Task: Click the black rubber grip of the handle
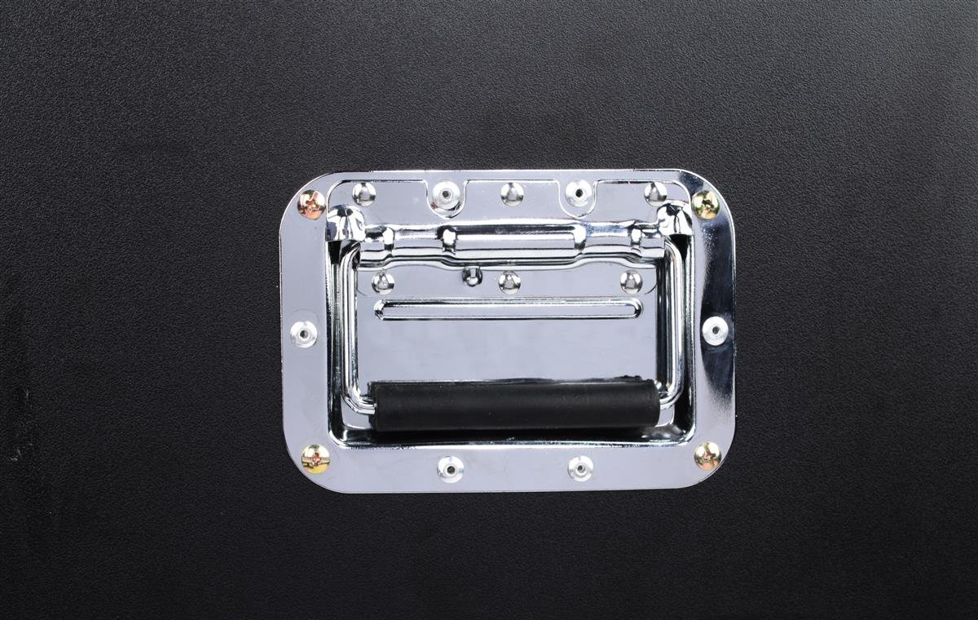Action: (516, 405)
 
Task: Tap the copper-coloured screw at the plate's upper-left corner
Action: (311, 204)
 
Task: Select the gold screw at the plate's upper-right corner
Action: (705, 204)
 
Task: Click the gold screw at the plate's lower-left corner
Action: (315, 458)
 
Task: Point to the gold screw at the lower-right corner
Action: (707, 455)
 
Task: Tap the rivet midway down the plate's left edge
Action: (304, 333)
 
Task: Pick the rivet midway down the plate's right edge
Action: (715, 330)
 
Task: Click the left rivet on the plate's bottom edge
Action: (450, 468)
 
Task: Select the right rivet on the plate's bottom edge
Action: (580, 467)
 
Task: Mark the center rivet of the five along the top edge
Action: (512, 193)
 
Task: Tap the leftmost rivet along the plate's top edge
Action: (363, 193)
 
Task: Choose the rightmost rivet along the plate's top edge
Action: (655, 193)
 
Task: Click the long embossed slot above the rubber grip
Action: (508, 309)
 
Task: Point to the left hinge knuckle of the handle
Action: (346, 223)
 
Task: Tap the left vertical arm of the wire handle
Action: (348, 326)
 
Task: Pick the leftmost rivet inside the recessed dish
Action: (382, 282)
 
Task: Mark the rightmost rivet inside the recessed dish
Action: (631, 281)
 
